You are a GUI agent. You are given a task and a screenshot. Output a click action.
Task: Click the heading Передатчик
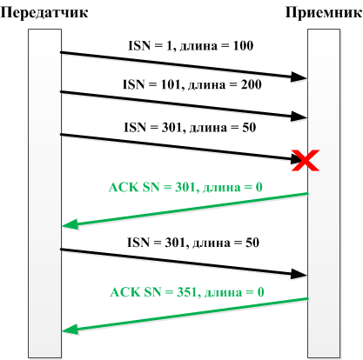[44, 13]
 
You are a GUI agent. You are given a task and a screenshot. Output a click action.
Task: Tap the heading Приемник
[324, 13]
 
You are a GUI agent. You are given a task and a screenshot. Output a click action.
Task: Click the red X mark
[306, 160]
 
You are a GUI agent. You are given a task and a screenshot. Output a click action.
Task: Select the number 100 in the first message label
[243, 46]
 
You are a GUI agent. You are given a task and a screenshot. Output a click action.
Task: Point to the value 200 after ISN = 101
[252, 84]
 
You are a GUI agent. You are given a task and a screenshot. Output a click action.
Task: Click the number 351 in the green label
[187, 292]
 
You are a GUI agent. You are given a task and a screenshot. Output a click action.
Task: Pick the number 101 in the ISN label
[171, 84]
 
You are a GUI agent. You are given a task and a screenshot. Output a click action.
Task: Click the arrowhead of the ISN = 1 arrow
[299, 77]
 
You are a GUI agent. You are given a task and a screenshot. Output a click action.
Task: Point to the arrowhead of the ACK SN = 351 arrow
[71, 330]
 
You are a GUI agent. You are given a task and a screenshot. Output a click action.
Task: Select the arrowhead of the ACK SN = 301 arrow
[71, 224]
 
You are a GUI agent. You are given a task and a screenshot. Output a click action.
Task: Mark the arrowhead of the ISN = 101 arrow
[299, 117]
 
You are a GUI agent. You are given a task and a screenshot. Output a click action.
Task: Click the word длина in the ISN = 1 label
[198, 46]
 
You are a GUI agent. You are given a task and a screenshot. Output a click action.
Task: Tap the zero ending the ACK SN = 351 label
[260, 292]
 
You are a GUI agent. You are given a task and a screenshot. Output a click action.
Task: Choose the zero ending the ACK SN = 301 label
[259, 187]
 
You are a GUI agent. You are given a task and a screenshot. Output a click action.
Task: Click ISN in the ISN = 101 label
[134, 84]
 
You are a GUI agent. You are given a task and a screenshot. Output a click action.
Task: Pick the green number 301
[185, 187]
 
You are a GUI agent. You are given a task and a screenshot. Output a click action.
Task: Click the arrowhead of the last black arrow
[299, 274]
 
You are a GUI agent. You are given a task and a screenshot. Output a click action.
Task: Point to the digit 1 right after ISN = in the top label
[170, 46]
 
